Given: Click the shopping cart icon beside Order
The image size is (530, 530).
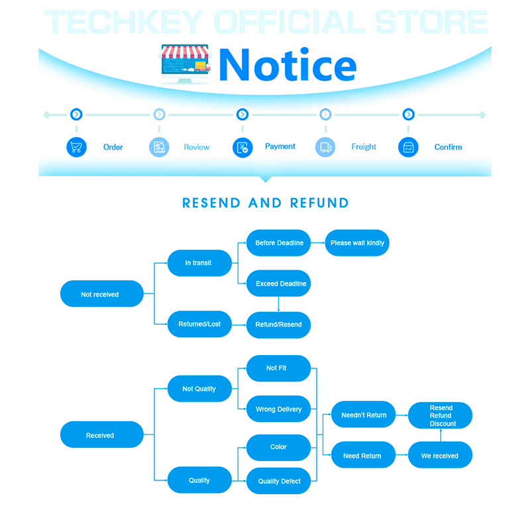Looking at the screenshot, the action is (x=76, y=147).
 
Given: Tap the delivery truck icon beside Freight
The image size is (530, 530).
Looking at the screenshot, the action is (x=325, y=147).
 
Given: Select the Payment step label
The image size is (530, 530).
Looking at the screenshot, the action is (x=280, y=146).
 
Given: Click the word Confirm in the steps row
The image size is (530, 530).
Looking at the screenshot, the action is (x=448, y=147).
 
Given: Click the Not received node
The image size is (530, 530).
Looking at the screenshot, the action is (x=102, y=293).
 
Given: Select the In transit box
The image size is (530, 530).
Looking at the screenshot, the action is (x=200, y=263).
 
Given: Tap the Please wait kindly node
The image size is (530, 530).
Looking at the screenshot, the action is (x=357, y=242).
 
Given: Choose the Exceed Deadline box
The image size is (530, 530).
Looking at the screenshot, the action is (x=278, y=284).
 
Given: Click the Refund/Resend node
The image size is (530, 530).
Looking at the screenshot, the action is (x=278, y=325).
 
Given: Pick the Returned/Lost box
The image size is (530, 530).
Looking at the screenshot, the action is (x=200, y=324).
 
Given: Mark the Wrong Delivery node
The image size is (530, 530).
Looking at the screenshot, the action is (x=278, y=409).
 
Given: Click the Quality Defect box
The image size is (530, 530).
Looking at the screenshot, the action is (x=278, y=481).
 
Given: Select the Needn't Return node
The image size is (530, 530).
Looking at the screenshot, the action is (x=363, y=415).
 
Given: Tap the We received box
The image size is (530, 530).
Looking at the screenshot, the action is (x=440, y=455).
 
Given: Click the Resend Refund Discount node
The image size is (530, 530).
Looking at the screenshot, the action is (x=440, y=415).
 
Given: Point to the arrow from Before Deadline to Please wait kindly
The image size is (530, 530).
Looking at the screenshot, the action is (x=318, y=242).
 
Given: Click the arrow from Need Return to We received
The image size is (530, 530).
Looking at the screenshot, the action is (x=402, y=455).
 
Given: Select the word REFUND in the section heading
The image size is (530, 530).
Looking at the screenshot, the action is (x=319, y=203).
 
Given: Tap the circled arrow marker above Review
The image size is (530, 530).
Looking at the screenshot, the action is (x=159, y=114).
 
